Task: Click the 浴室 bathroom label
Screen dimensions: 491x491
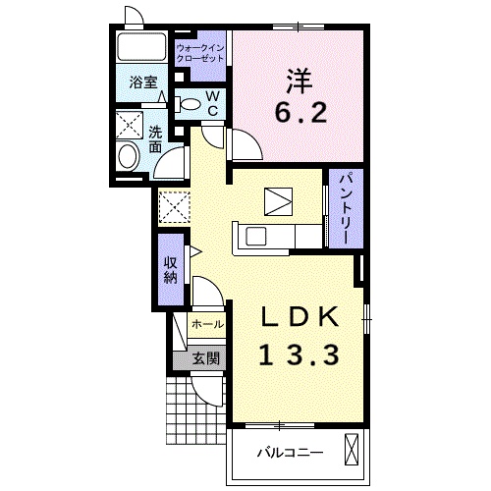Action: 143,82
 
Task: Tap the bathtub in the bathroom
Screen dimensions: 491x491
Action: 141,46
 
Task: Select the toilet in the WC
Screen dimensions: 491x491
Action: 188,104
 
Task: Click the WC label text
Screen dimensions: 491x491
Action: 213,103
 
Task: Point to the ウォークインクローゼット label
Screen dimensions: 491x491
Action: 200,54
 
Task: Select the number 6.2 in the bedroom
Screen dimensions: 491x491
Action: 300,112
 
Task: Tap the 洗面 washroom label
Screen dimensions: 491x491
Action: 155,139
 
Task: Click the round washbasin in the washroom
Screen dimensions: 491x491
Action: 129,157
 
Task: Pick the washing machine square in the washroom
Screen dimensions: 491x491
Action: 130,125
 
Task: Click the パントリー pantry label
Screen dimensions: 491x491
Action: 346,209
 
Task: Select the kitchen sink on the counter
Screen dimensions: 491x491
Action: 255,237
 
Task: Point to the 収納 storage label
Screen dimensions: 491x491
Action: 170,270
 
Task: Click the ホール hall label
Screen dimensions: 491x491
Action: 207,324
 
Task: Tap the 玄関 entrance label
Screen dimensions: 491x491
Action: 205,358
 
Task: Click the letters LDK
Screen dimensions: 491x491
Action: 300,316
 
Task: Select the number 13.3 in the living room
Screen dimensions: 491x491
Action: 299,355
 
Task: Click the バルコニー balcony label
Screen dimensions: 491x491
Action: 290,453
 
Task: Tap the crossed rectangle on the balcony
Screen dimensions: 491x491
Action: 352,450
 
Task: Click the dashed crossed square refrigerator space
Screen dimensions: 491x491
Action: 174,207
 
